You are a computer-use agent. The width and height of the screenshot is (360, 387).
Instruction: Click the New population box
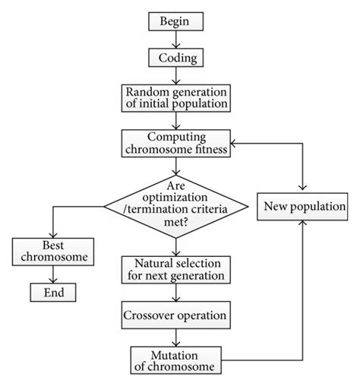[x=304, y=205]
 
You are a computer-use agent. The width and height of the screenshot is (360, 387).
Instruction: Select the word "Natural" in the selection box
[x=150, y=262]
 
